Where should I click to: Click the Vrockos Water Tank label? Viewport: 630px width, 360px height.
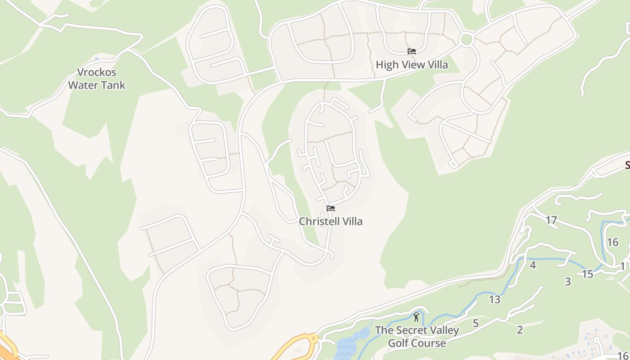click(97, 79)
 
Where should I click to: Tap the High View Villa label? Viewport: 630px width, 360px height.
click(412, 65)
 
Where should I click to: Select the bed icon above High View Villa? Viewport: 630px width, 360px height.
click(411, 51)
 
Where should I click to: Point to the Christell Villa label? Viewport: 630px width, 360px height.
click(331, 221)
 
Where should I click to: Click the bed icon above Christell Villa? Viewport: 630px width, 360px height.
click(331, 208)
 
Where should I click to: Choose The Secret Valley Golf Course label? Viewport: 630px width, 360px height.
click(417, 337)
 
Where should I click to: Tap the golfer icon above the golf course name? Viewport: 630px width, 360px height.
click(416, 317)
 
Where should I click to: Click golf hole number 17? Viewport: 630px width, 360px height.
click(551, 220)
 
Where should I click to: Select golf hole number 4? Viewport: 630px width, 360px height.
click(533, 265)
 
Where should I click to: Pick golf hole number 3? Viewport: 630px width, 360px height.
click(568, 282)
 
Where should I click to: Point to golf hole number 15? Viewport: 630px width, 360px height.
click(588, 274)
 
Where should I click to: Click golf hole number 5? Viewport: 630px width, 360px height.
click(476, 323)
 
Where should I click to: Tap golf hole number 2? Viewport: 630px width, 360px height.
click(520, 330)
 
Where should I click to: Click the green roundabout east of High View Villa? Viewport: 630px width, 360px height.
click(467, 39)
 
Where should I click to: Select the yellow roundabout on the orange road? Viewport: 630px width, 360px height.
click(312, 338)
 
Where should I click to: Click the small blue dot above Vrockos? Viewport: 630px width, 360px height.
click(96, 58)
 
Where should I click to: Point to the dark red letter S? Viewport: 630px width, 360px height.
click(627, 165)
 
